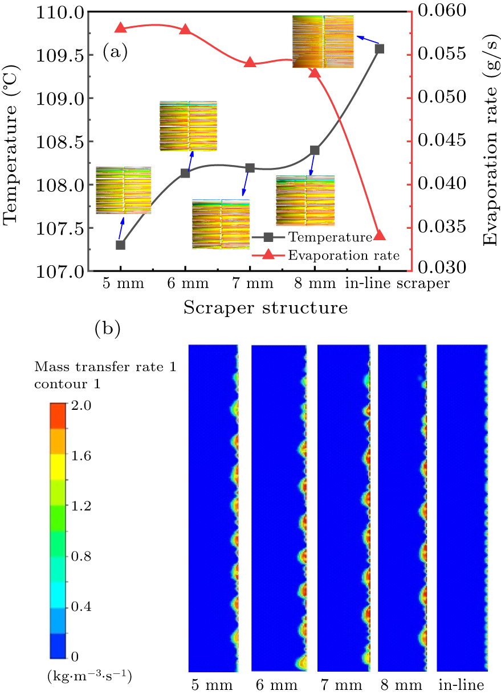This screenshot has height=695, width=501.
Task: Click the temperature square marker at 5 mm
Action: click(120, 245)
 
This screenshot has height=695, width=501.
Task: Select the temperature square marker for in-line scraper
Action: click(380, 48)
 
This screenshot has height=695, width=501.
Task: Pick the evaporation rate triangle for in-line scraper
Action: click(380, 235)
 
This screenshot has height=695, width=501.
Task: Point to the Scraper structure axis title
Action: click(265, 309)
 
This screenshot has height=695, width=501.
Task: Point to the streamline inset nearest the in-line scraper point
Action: click(323, 42)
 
